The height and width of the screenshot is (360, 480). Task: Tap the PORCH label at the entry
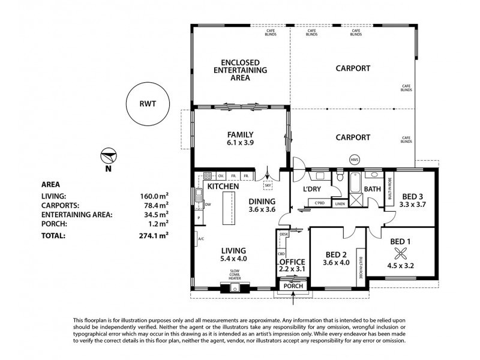[292, 286]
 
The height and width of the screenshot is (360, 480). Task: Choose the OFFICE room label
[293, 262]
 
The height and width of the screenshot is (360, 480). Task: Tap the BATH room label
[373, 189]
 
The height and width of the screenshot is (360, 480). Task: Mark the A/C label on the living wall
[200, 238]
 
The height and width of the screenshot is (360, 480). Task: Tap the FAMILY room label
[239, 134]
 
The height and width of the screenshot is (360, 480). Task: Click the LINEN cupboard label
[340, 204]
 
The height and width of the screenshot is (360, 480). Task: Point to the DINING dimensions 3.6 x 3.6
[262, 210]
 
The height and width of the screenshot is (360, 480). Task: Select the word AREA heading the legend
[50, 185]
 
